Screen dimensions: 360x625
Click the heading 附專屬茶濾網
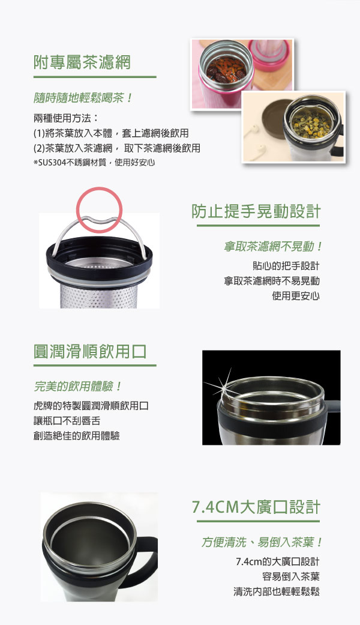tap(82, 62)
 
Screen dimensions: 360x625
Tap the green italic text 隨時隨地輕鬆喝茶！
tap(83, 98)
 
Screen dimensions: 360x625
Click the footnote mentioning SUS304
tap(94, 163)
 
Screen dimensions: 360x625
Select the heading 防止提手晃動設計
tap(256, 212)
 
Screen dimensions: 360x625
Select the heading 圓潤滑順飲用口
tap(91, 352)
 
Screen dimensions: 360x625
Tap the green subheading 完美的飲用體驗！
tap(77, 386)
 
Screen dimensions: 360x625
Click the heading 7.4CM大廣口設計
tap(256, 507)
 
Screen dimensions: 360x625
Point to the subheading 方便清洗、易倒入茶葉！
tap(262, 542)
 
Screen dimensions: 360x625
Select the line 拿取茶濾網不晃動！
tap(273, 247)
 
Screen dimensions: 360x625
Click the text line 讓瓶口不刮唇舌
tap(67, 421)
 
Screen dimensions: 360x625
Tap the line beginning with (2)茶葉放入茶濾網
tap(116, 148)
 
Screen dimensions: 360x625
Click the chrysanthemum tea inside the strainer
tap(312, 122)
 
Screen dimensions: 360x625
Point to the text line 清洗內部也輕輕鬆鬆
tap(277, 591)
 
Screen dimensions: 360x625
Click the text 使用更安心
tap(296, 296)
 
